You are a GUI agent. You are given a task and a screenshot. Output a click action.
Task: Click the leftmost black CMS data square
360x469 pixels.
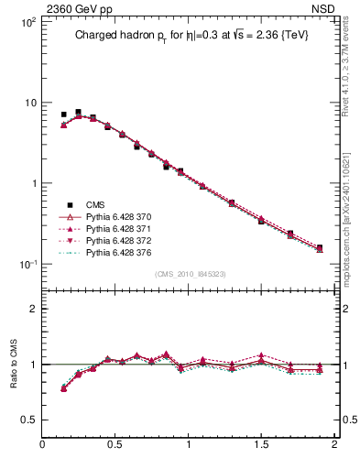tap(63, 115)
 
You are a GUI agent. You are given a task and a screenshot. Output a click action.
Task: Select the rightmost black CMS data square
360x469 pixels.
tap(320, 247)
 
